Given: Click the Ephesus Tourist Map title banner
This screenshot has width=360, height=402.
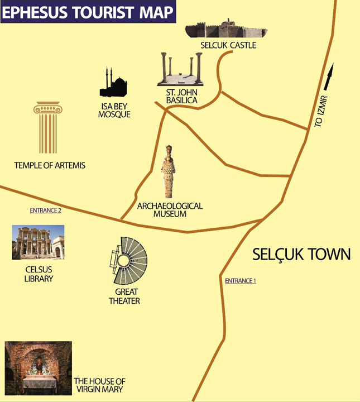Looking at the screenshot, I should (x=88, y=12).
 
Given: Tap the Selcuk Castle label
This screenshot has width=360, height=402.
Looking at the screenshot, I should (x=228, y=45).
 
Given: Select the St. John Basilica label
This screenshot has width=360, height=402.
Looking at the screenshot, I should (x=181, y=97).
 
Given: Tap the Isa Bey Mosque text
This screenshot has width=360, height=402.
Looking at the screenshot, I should (x=114, y=110).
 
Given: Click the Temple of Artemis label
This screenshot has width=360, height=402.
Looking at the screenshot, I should (x=50, y=165).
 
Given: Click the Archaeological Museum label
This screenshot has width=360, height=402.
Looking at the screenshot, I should (x=170, y=210).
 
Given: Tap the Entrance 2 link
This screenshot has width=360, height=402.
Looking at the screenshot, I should (x=45, y=210).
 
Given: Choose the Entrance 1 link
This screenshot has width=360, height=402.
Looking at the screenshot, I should (x=240, y=281).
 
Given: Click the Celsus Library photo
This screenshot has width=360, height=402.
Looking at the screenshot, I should (x=38, y=242).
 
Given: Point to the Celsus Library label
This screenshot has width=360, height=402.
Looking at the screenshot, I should (x=39, y=274).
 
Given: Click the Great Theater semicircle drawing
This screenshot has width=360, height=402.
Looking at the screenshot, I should (x=128, y=261).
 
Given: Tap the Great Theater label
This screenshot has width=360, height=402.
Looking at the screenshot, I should (x=127, y=296).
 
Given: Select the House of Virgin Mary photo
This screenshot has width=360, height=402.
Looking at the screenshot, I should (x=38, y=368).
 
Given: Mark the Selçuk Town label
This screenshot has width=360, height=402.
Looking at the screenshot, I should (x=301, y=255).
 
